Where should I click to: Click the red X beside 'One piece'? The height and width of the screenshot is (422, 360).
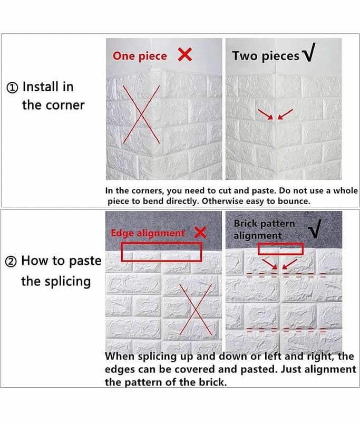(x=185, y=55)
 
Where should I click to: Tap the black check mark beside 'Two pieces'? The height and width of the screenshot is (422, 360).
(x=308, y=52)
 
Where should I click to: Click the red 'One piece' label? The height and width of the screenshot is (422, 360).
(x=140, y=56)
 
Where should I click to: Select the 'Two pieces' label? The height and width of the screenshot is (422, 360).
(x=266, y=56)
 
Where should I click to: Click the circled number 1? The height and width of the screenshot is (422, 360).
(x=12, y=88)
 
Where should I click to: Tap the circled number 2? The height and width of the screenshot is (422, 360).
(x=11, y=262)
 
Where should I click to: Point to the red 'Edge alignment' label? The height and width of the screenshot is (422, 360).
(x=148, y=233)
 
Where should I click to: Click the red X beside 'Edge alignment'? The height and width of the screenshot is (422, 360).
(x=200, y=232)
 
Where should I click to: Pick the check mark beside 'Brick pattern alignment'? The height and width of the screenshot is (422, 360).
(x=315, y=229)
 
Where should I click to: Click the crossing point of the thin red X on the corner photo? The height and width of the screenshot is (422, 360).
(x=141, y=114)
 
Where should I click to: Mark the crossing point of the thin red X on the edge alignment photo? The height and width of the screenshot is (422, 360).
(x=196, y=310)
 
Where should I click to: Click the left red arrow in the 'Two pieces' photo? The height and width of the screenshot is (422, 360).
(x=266, y=114)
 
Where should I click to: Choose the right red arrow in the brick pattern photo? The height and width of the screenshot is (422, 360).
(x=290, y=264)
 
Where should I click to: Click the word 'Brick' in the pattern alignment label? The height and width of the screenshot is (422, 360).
(x=245, y=223)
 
